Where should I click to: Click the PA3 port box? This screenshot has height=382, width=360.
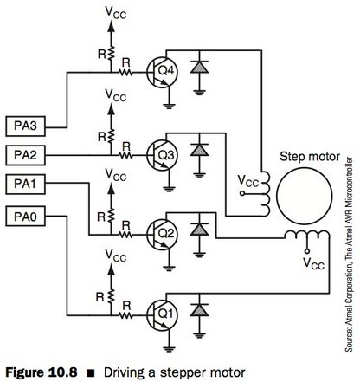point(25,126)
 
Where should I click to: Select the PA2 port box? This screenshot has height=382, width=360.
point(25,155)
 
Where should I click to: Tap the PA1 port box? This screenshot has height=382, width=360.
point(25,184)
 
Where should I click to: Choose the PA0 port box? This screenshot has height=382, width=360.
point(25,213)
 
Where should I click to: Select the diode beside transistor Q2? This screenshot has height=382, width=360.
point(202,230)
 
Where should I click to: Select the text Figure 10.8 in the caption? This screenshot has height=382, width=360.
point(39,372)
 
